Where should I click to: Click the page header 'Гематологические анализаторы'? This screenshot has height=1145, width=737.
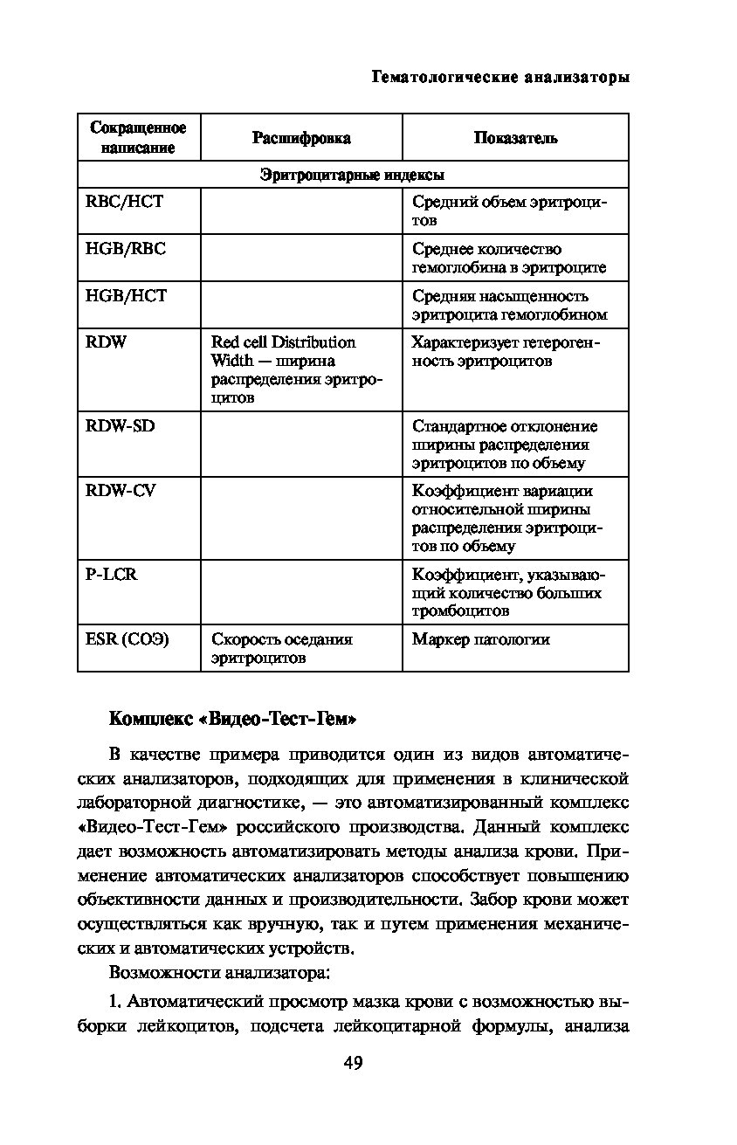click(x=500, y=78)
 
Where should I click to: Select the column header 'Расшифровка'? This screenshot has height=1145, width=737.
click(x=301, y=138)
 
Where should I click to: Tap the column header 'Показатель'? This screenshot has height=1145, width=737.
click(x=515, y=138)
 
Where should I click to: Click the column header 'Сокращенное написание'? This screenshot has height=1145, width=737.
click(x=139, y=138)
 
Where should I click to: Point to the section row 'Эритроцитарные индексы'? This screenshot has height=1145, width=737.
click(x=353, y=175)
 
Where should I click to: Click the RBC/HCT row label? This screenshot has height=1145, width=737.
click(x=124, y=202)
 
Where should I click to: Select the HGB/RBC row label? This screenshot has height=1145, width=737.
click(x=125, y=249)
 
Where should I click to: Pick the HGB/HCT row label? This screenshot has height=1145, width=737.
click(x=125, y=296)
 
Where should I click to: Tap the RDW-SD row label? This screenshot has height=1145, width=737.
click(x=120, y=426)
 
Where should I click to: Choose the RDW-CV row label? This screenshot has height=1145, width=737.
click(x=120, y=491)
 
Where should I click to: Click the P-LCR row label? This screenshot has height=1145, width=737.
click(x=111, y=575)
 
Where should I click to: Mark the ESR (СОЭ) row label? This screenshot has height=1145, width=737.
click(x=127, y=639)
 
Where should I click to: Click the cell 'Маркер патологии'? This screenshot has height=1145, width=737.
click(x=481, y=639)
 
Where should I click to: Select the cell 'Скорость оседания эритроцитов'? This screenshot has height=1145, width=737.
click(x=281, y=648)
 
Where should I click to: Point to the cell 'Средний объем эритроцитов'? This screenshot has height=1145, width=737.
click(x=509, y=210)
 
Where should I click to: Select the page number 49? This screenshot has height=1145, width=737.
click(x=353, y=1063)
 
